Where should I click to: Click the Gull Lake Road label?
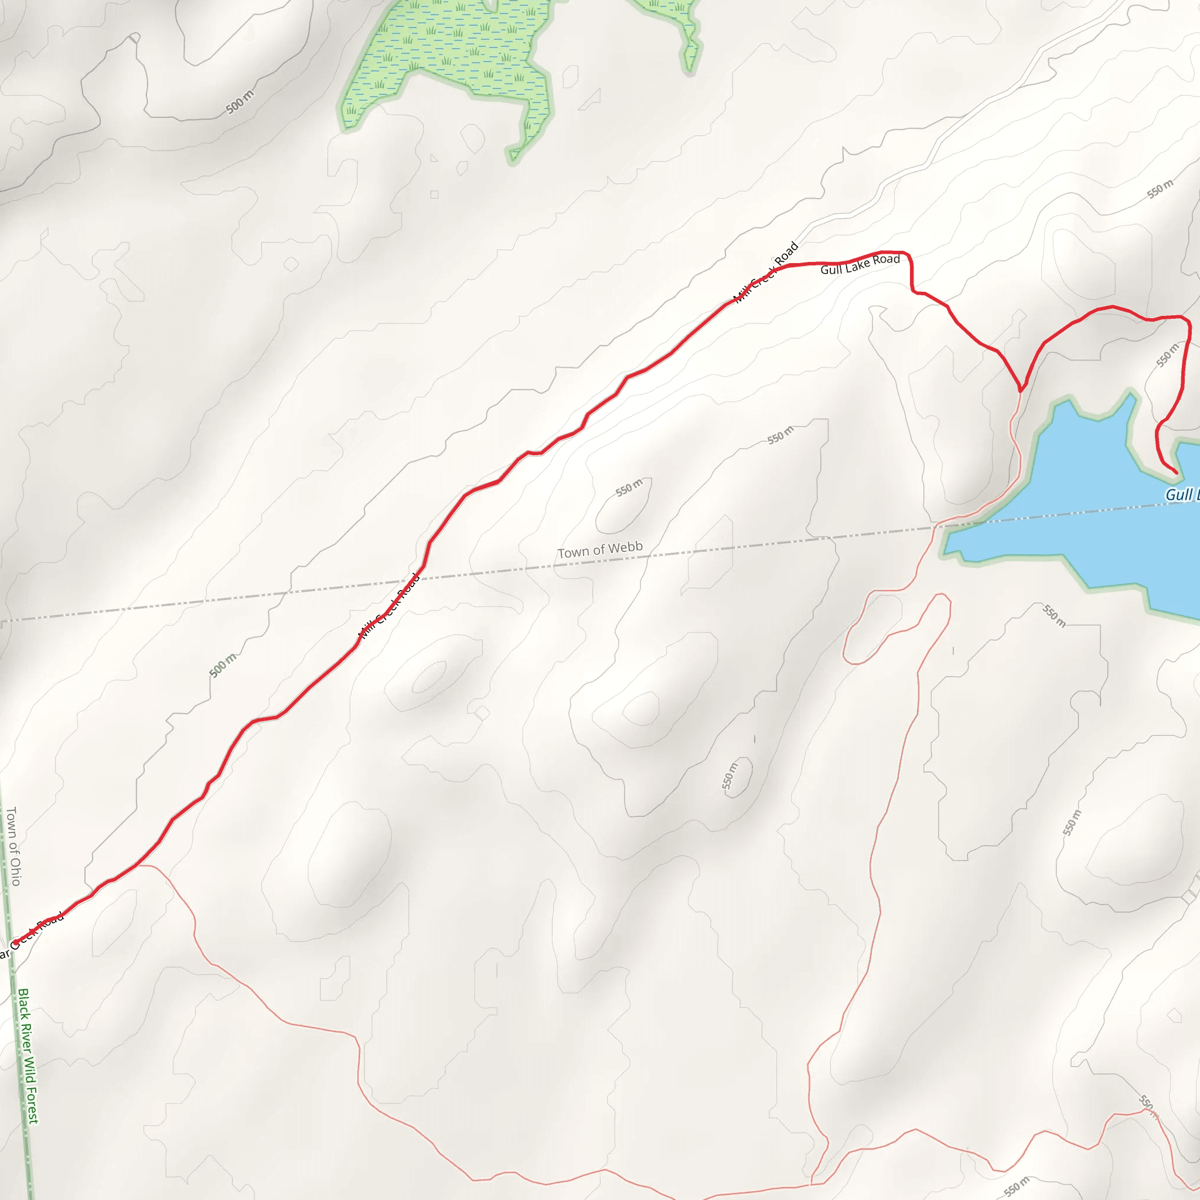coord(860,264)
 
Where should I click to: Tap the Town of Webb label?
coord(599,550)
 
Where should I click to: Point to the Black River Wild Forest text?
coord(28,1056)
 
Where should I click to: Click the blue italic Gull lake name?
coord(1181,495)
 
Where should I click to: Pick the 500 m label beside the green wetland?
coord(240,102)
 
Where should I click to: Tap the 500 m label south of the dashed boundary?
coord(222,665)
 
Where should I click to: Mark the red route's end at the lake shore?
coord(1176,473)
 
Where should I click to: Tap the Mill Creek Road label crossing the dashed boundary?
coord(390,606)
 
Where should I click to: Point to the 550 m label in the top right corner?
coord(1160,189)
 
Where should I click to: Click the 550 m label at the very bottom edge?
coord(1016,1187)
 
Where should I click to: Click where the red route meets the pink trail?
coord(1020,391)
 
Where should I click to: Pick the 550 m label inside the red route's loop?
coord(1167,355)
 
